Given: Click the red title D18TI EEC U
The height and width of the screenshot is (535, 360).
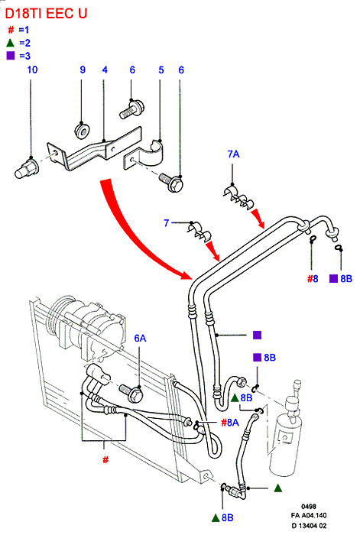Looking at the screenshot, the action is tap(46, 13).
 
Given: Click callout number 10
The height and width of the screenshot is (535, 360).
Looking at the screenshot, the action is tap(32, 70).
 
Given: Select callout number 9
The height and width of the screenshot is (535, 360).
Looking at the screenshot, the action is tap(83, 70).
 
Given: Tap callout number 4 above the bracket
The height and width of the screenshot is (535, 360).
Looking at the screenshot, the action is tap(105, 70).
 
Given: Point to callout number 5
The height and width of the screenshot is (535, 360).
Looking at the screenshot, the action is tap(161, 70).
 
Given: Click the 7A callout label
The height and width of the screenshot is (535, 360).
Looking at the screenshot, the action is tap(233, 154).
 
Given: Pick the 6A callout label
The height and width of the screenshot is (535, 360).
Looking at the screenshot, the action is tap(140, 338).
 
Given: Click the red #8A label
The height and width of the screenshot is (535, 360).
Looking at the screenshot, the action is tap(230, 423).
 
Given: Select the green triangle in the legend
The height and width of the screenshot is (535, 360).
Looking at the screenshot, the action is tap(10, 43).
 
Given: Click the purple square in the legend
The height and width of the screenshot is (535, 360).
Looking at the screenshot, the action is tap(11, 56).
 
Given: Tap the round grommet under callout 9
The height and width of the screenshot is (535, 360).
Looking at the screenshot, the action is tap(83, 131).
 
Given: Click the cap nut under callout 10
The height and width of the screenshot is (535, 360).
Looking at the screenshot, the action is tap(26, 167).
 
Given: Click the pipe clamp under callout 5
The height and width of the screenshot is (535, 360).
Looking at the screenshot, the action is tap(144, 153).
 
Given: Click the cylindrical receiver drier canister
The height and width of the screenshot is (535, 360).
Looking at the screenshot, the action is tap(286, 439).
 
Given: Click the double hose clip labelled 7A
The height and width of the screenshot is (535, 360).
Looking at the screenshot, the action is tap(238, 197).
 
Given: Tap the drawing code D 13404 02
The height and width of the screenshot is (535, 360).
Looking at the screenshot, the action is tap(309, 526).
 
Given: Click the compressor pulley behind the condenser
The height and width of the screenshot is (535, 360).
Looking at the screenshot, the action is tap(58, 316).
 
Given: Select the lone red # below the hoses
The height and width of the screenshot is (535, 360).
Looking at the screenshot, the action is tap(105, 460).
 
